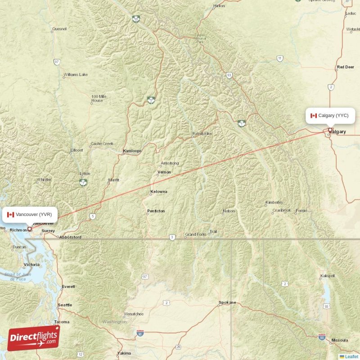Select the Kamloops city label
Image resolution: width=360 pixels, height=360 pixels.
click(x=132, y=151)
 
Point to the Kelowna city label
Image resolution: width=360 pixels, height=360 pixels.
click(x=158, y=192)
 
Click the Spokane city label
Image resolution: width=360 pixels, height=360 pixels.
click(x=227, y=302)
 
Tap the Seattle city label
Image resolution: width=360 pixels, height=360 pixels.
click(x=65, y=305)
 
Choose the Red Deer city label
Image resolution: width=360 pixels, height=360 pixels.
click(x=345, y=67)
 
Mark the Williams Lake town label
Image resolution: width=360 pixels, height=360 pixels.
click(x=76, y=75)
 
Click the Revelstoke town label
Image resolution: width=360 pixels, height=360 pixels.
click(x=202, y=134)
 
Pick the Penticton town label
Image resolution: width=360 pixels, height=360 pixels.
click(x=156, y=211)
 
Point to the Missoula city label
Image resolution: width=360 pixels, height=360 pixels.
click(x=339, y=340)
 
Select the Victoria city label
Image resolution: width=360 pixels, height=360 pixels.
click(x=31, y=265)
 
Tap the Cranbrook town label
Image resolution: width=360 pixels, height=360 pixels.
click(x=281, y=210)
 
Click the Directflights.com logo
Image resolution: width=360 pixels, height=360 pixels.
click(x=33, y=338)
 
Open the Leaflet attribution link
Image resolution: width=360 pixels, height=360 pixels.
click(x=351, y=356)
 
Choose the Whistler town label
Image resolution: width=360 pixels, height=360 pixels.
click(x=44, y=180)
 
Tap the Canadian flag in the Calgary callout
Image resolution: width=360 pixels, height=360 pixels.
click(x=314, y=116)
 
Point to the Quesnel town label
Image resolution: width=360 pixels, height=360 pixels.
click(x=59, y=29)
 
